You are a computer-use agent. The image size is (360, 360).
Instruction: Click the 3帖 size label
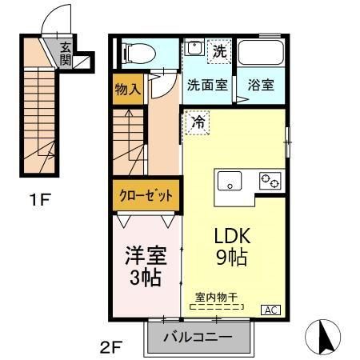point(144,278)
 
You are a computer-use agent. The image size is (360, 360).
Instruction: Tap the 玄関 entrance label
point(66,54)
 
